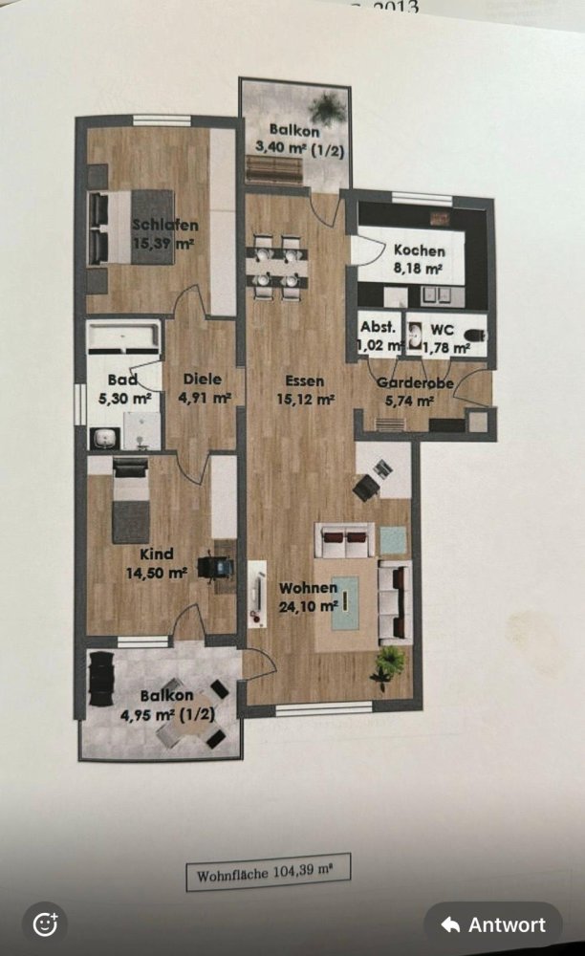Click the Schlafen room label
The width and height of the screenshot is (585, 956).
point(165,226)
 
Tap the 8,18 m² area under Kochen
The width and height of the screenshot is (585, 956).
point(419,268)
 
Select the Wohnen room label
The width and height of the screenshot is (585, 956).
point(308,587)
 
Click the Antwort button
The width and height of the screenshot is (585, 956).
point(493,924)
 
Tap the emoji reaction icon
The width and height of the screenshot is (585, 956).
point(45,924)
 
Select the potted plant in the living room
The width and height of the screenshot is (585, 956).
point(389,663)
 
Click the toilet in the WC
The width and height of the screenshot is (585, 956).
point(475,336)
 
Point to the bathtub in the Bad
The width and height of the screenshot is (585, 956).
point(124,337)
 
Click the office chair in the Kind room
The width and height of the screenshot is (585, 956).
point(211,566)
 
